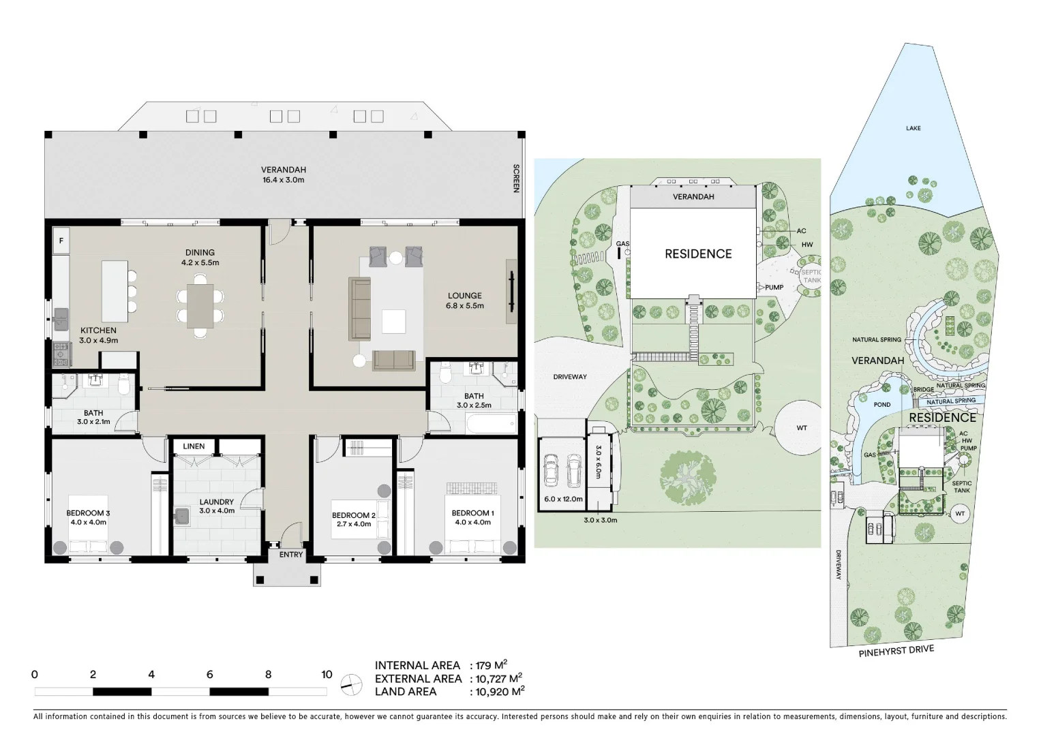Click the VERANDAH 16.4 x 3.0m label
pos(283,175)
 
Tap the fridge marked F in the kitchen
pos(61,241)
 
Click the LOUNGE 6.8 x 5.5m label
pos(465,301)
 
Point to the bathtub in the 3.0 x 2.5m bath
pos(491,425)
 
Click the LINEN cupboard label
pos(194,446)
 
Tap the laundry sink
pos(181,517)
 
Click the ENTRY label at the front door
pos(291,555)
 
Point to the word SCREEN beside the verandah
pos(516,179)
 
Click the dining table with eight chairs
pos(200,305)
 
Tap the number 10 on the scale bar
pos(327,675)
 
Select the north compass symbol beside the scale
pos(351,684)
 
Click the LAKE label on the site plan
pos(913,128)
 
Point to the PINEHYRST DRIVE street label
pos(896,651)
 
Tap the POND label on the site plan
pos(882,405)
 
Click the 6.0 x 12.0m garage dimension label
pos(563,499)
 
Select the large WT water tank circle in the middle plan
pos(801,428)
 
